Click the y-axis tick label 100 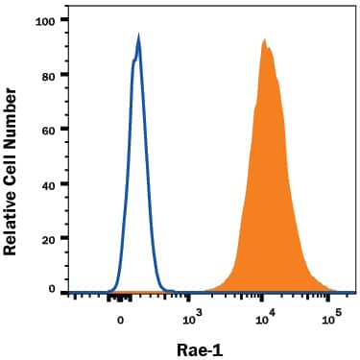click(44, 20)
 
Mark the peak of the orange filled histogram click(264, 40)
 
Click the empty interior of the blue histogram click(136, 192)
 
